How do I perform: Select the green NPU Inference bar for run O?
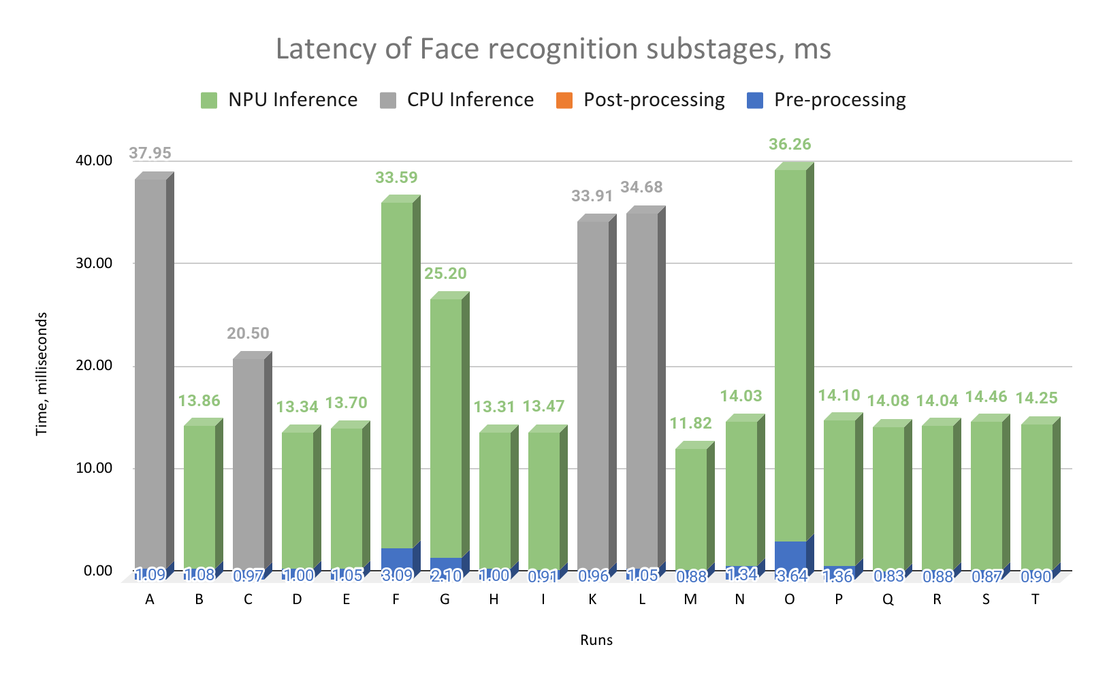pyautogui.click(x=790, y=354)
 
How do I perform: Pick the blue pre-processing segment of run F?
pyautogui.click(x=397, y=558)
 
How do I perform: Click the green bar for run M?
pyautogui.click(x=691, y=507)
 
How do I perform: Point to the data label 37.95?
pyautogui.click(x=150, y=153)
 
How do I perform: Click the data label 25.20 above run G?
pyautogui.click(x=445, y=273)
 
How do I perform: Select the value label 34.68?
pyautogui.click(x=641, y=187)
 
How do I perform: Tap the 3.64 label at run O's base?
pyautogui.click(x=792, y=576)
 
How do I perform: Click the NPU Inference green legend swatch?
pyautogui.click(x=209, y=101)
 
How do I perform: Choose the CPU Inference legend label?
pyautogui.click(x=470, y=100)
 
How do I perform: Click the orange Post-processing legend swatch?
pyautogui.click(x=564, y=101)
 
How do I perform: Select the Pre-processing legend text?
pyautogui.click(x=840, y=100)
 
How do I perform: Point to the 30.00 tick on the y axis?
pyautogui.click(x=94, y=263)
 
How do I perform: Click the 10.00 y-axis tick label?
pyautogui.click(x=94, y=468)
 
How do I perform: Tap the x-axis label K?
pyautogui.click(x=592, y=599)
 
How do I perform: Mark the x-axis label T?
pyautogui.click(x=1036, y=599)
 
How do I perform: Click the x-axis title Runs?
pyautogui.click(x=596, y=640)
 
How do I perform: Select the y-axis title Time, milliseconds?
pyautogui.click(x=42, y=374)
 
